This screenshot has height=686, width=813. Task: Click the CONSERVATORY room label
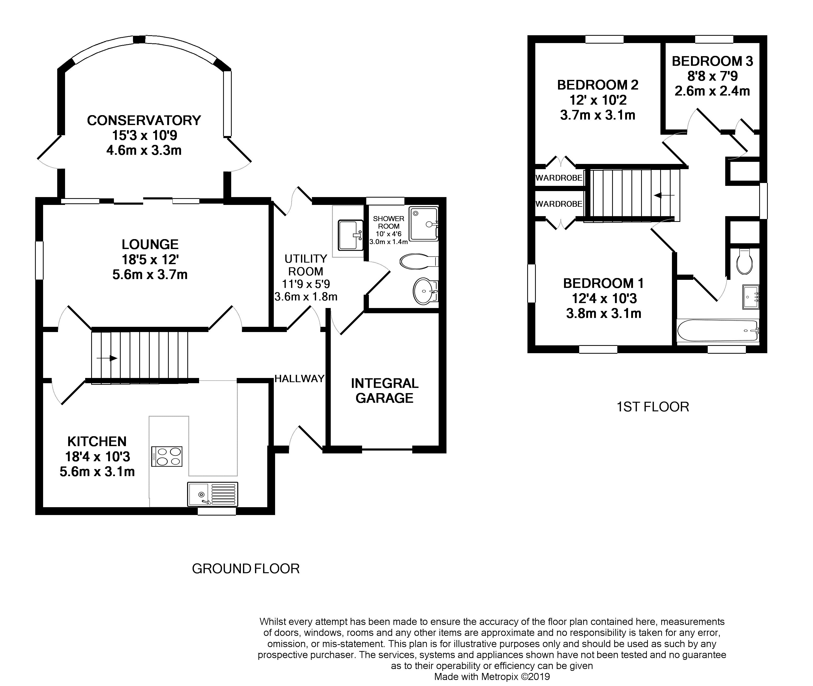(x=144, y=120)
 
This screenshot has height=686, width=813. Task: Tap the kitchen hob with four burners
(x=167, y=456)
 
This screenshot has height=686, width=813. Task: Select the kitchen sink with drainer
(x=212, y=494)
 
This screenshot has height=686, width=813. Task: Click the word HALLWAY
(x=299, y=379)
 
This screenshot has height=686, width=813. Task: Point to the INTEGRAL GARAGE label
(x=385, y=391)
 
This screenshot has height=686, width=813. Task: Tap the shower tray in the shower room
(x=423, y=224)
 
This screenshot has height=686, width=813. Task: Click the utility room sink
(x=350, y=235)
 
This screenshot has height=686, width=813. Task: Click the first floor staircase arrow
(x=664, y=195)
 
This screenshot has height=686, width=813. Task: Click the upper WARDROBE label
(x=559, y=178)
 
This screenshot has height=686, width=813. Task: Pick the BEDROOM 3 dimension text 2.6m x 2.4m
(x=712, y=91)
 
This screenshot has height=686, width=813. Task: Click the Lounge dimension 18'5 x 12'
(x=150, y=259)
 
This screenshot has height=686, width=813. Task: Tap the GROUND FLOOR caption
(x=246, y=569)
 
